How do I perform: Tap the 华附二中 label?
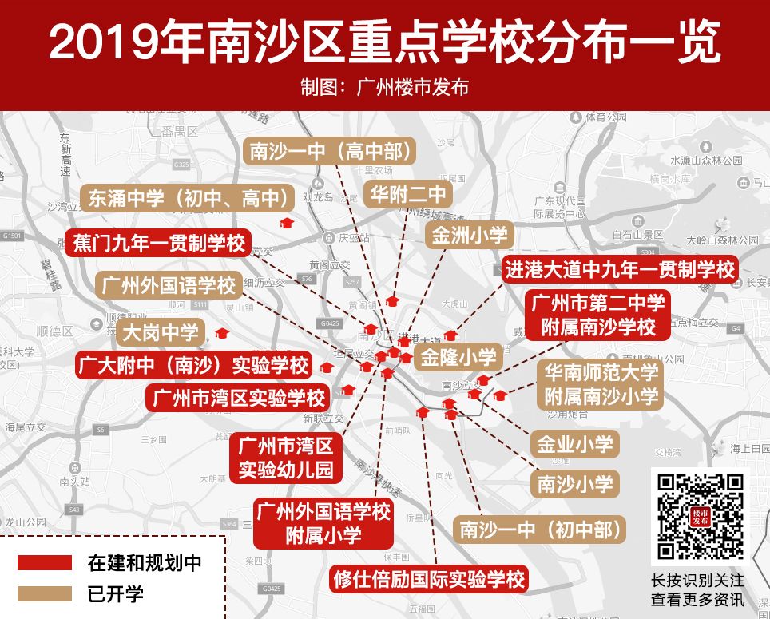[x=408, y=194]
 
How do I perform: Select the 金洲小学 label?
[x=469, y=235]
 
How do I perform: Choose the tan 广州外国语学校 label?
[x=168, y=284]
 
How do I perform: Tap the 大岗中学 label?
[x=161, y=331]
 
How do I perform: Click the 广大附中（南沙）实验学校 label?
[x=193, y=366]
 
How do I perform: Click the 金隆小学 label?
[x=458, y=356]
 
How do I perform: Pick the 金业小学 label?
[x=575, y=444]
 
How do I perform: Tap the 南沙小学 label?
[x=575, y=482]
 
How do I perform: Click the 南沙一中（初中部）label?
[x=539, y=529]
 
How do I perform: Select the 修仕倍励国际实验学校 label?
[x=429, y=578]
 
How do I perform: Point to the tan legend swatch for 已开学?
[x=44, y=593]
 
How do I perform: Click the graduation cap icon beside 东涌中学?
[x=285, y=224]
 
